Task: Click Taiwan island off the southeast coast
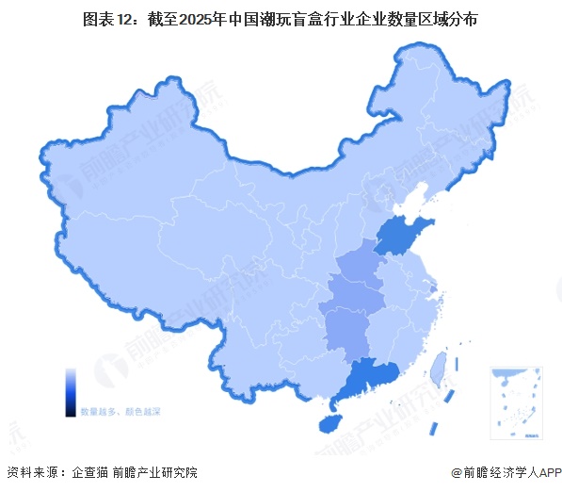438,368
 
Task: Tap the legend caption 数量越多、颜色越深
120,412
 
